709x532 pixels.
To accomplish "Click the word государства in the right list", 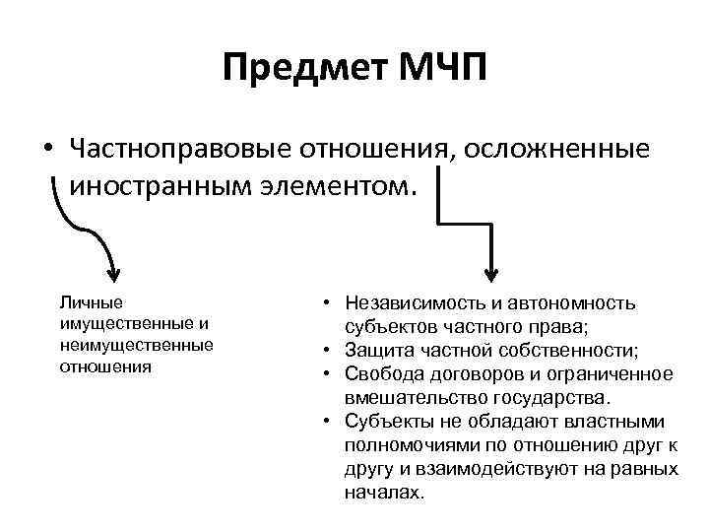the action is pos(552,397).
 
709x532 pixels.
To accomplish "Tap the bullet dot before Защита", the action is pos(326,351).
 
